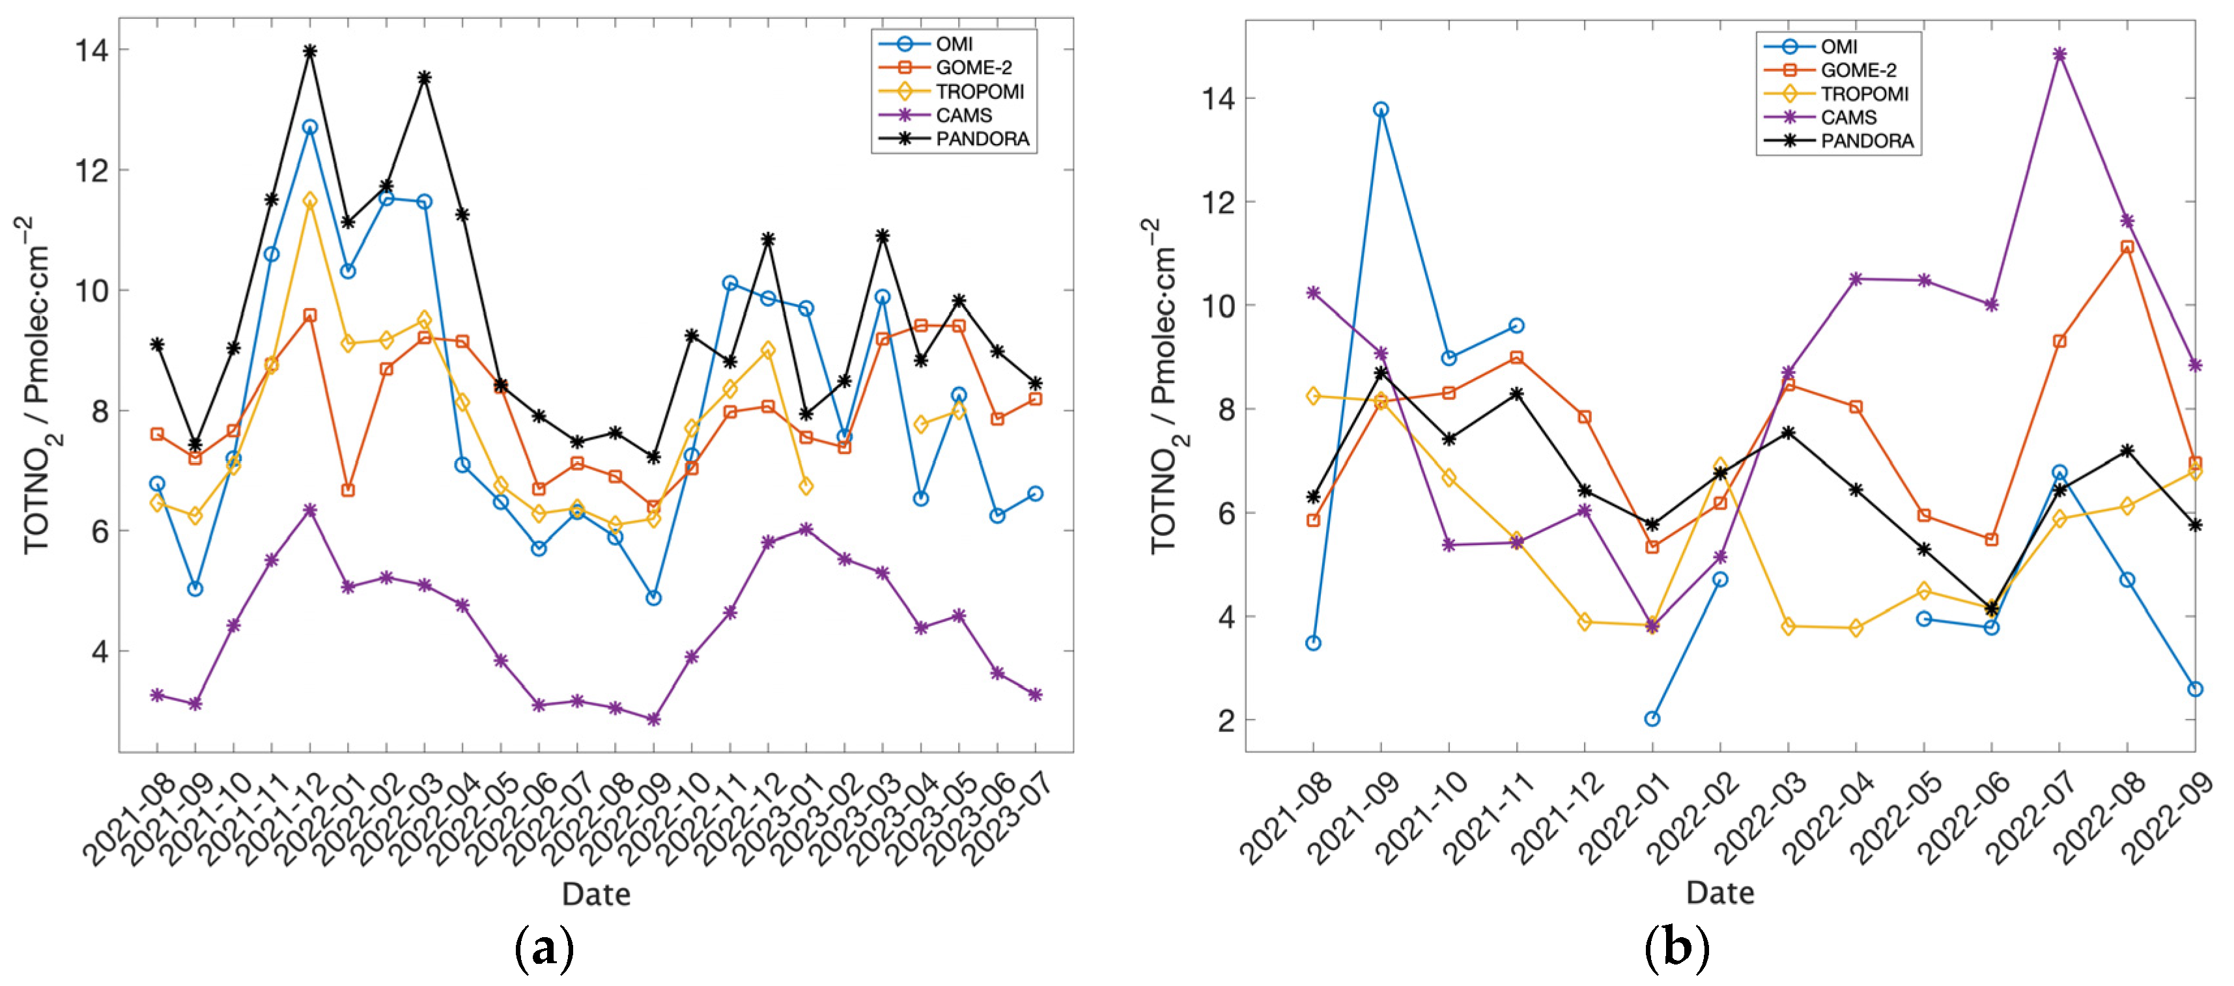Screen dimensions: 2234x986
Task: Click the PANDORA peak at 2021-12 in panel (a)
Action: tap(309, 51)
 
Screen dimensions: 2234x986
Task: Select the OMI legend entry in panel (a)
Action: tap(926, 44)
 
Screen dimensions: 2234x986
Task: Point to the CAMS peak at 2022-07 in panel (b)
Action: tap(2059, 55)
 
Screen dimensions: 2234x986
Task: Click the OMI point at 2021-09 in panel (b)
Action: tap(1381, 109)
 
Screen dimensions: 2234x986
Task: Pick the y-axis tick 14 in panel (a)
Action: tap(92, 50)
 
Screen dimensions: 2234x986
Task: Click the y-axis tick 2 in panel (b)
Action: tap(1225, 720)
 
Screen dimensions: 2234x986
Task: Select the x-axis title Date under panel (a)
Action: tap(596, 894)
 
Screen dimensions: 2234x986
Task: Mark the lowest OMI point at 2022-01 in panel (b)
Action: tap(1652, 718)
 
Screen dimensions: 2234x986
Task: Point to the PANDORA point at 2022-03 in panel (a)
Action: tap(424, 78)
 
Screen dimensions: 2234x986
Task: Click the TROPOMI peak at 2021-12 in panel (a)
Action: tap(309, 201)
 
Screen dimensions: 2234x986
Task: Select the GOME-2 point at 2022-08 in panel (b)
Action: tap(2127, 247)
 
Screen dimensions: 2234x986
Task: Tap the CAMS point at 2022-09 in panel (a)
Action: tap(654, 719)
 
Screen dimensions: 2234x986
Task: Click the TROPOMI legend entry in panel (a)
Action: tap(950, 91)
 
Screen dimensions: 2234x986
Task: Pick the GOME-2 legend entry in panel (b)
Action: tap(1829, 70)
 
